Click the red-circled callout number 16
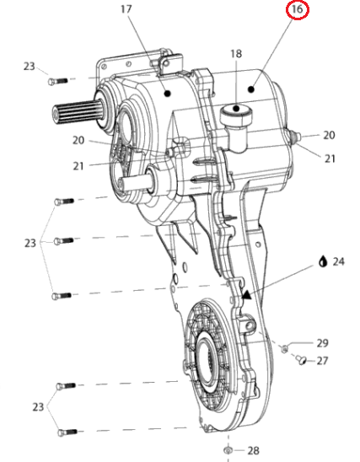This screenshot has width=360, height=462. click(297, 9)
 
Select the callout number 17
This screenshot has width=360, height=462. click(126, 9)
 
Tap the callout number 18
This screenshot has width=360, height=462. click(236, 54)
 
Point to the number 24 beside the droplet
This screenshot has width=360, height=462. click(338, 261)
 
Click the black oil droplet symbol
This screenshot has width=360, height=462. click(323, 261)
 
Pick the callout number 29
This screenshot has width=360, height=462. click(322, 343)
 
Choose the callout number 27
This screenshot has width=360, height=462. click(322, 361)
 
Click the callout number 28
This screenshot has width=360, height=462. click(254, 450)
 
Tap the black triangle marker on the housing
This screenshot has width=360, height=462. click(246, 295)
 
